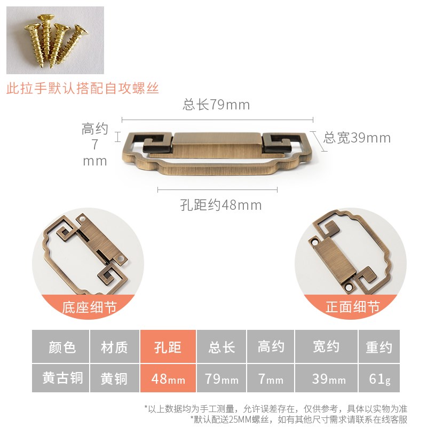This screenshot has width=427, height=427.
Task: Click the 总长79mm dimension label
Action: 216,105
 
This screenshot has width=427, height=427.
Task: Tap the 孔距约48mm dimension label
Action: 221,205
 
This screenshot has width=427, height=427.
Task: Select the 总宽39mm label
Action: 357,138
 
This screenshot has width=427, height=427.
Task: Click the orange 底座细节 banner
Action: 89,307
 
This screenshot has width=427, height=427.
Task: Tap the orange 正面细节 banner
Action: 352,307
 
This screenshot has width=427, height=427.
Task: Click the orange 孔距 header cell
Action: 168,347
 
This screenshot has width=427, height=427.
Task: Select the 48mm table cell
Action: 168,379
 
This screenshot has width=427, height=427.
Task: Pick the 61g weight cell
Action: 379,379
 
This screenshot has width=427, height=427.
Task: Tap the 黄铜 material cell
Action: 115,379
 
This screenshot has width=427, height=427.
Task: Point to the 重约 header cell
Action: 379,347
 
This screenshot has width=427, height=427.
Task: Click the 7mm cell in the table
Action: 271,379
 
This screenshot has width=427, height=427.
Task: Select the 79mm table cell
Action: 222,379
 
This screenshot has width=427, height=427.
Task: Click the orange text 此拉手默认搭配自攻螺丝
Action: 83,88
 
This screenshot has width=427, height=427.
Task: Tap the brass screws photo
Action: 55,41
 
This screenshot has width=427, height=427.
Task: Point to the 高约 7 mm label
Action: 95,145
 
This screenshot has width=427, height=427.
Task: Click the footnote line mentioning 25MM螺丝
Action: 298,419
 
